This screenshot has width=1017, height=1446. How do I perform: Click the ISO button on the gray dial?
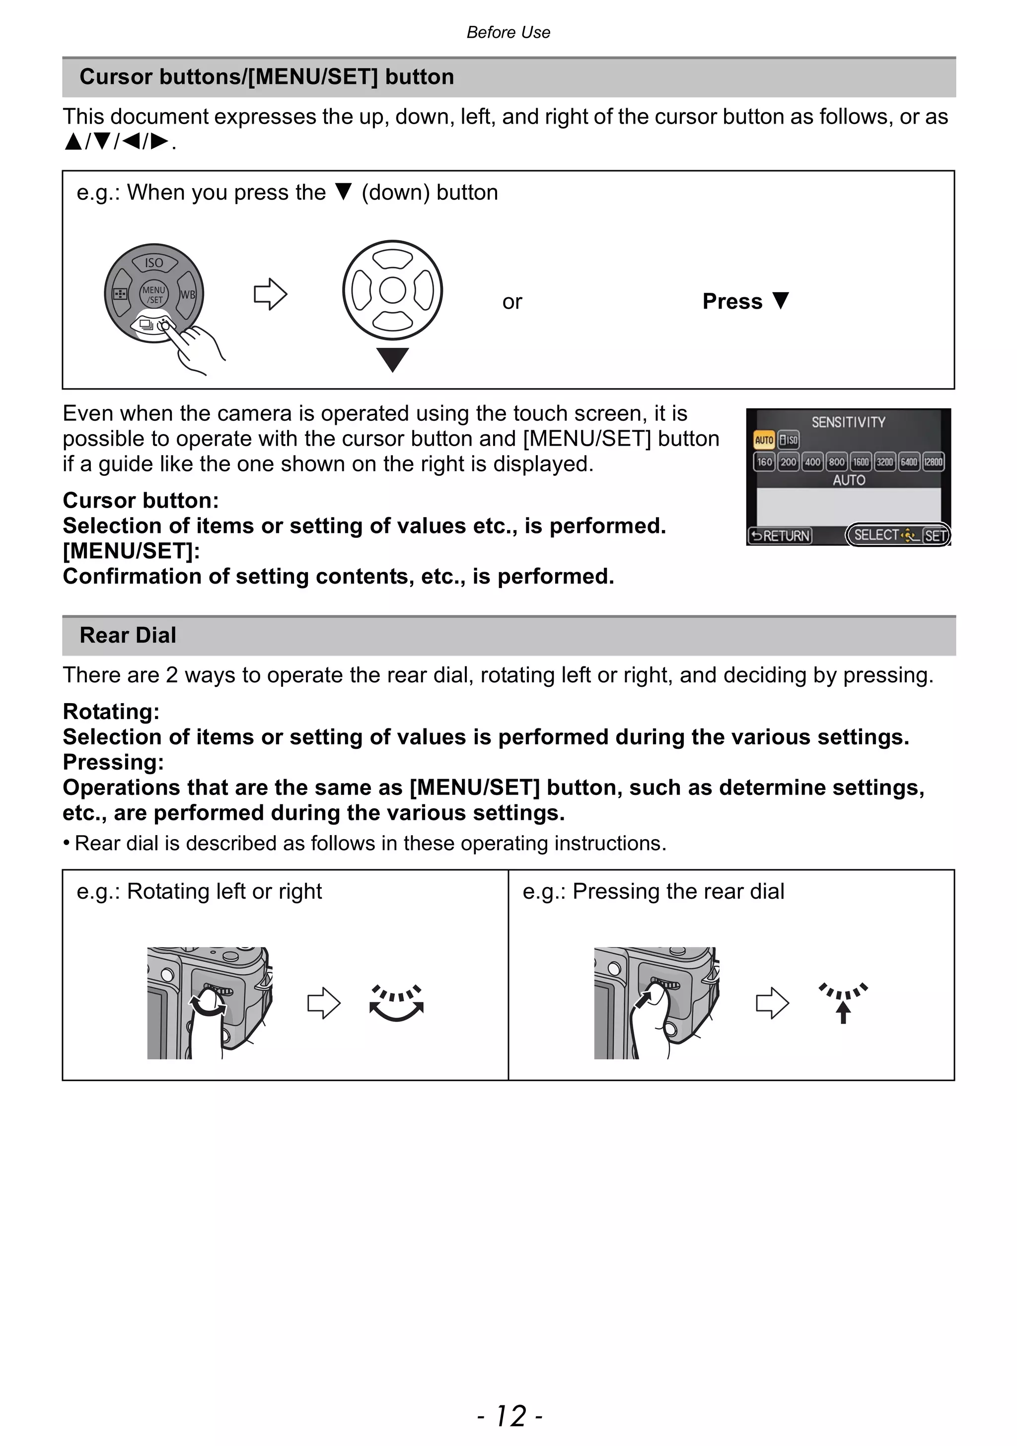[x=154, y=263]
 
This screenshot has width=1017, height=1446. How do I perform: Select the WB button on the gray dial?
[x=188, y=295]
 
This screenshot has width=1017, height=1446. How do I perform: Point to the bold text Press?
[x=732, y=302]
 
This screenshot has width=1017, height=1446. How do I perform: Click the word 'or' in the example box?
[x=511, y=302]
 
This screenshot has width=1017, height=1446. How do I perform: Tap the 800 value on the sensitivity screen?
[x=836, y=461]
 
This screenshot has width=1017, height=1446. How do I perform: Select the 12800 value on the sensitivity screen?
[x=933, y=461]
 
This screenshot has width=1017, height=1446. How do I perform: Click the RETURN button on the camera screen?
[x=780, y=535]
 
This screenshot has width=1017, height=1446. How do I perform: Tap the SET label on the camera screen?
[x=935, y=536]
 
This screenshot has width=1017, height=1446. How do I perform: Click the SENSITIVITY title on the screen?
[x=848, y=422]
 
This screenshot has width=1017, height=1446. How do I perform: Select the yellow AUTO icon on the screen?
[x=764, y=440]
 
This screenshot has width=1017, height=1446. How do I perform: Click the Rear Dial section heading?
[x=128, y=635]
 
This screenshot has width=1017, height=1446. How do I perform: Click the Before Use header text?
[x=508, y=32]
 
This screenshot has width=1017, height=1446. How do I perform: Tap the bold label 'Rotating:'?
[x=111, y=712]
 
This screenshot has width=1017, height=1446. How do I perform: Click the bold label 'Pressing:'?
[x=113, y=762]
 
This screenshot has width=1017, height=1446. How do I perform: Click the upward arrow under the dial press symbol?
[x=843, y=1012]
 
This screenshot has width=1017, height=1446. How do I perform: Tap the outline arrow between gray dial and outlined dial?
[x=270, y=294]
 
